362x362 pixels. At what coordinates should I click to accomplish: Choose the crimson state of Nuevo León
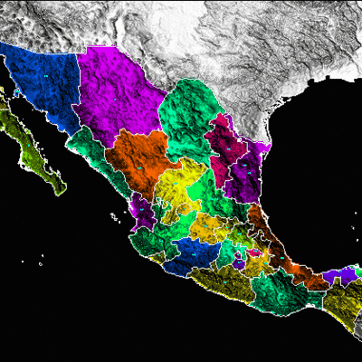(x=221, y=145)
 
